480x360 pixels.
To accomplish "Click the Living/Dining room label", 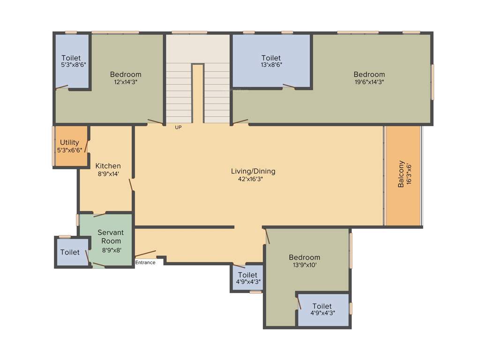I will [253, 171].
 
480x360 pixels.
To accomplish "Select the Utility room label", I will [69, 142].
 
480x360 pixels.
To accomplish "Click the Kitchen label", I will [108, 166].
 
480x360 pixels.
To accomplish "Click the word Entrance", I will [145, 262].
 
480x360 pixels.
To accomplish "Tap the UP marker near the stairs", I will [178, 127].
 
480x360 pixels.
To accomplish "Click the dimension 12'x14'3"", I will [126, 82].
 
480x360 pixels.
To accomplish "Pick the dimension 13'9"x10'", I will [304, 265].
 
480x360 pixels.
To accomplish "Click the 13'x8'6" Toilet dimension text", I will [271, 65].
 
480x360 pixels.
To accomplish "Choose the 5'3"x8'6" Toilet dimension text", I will [74, 65].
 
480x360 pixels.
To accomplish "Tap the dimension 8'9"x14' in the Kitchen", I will [108, 173].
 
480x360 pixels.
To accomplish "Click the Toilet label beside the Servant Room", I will [70, 252].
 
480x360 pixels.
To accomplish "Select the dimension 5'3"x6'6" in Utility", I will [69, 150].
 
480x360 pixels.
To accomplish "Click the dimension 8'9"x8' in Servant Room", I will [112, 250].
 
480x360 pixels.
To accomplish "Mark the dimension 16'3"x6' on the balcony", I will [409, 174].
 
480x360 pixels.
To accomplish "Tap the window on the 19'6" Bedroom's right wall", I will [432, 82].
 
